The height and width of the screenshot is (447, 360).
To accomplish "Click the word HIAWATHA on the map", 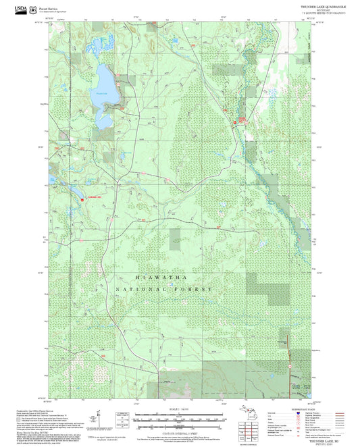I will click(x=161, y=278).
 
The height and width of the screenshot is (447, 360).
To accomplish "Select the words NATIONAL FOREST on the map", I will click(x=164, y=288).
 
